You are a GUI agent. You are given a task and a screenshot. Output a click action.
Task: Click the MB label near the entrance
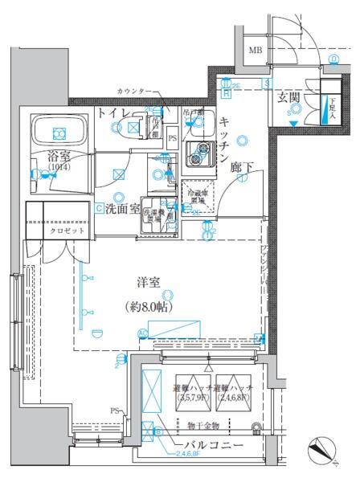[255, 52]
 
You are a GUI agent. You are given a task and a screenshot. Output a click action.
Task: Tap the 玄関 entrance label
[289, 96]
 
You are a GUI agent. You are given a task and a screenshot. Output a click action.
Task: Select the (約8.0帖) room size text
[151, 306]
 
